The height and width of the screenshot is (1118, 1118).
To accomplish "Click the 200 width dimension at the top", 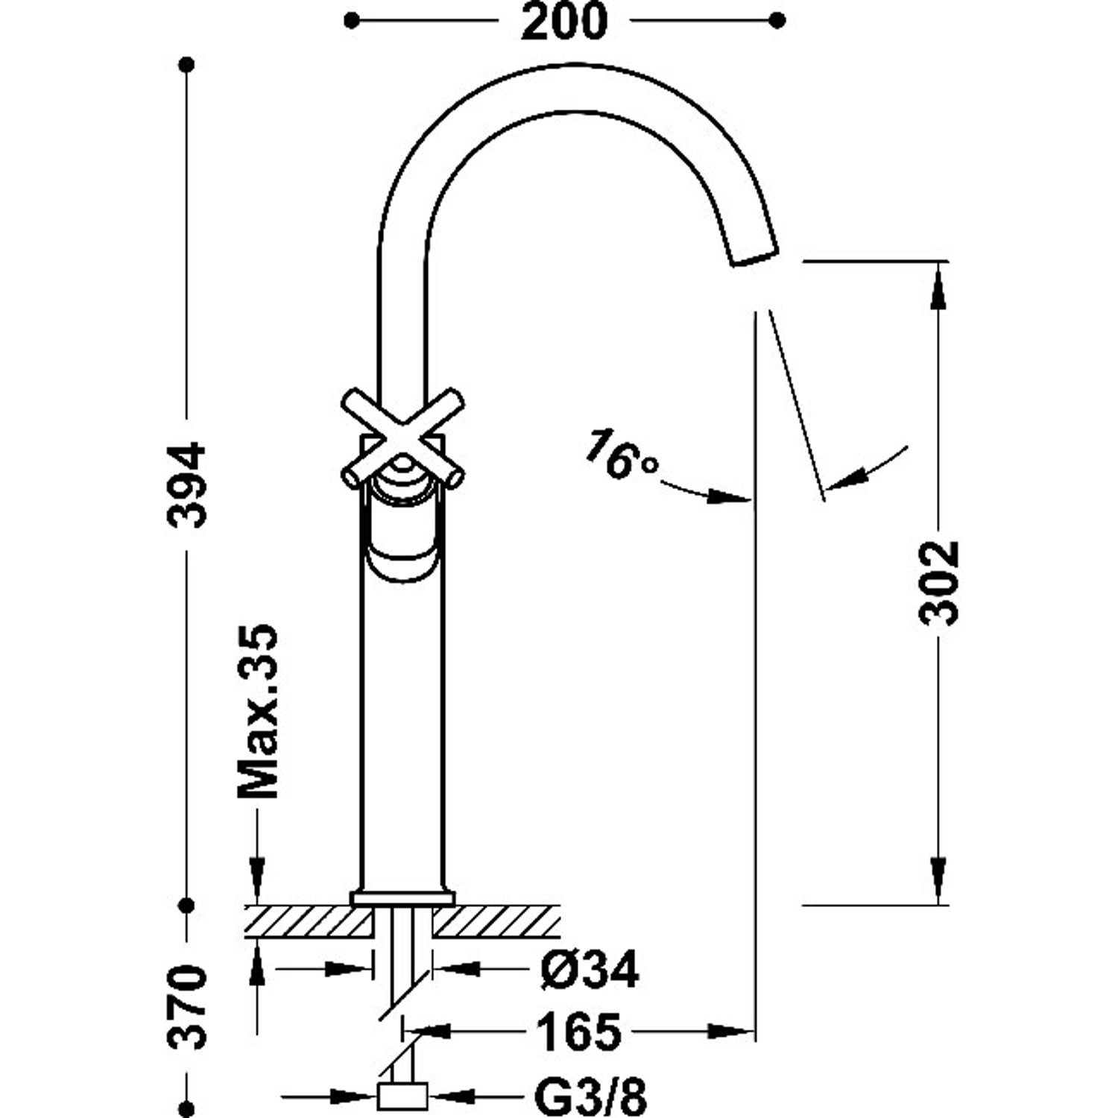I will point(564,22).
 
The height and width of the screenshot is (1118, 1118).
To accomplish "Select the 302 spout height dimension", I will point(938,583).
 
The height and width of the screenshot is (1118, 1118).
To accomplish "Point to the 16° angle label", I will point(621,454).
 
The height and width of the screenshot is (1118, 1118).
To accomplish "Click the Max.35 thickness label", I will point(258,711).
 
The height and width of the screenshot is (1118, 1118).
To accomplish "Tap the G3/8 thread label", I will point(590,1096).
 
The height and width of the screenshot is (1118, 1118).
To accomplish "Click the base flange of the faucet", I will point(402,898).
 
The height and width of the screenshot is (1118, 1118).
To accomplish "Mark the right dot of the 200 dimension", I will point(777,21).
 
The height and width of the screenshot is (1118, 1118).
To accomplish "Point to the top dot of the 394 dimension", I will point(187,65).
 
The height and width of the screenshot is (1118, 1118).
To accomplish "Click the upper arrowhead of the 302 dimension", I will point(938,287).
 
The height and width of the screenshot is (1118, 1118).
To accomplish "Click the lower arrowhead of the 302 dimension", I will point(938,879).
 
